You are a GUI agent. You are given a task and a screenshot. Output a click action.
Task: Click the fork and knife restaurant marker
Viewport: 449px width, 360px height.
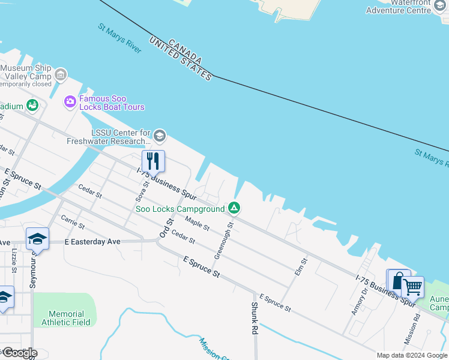tap(153, 161)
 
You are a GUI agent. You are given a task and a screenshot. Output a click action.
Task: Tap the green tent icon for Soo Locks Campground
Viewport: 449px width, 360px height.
tap(234, 208)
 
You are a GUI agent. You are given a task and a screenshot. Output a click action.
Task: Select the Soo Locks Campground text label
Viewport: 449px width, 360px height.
tap(179, 209)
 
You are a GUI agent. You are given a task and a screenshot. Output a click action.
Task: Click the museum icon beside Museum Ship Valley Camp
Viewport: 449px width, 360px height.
tap(61, 76)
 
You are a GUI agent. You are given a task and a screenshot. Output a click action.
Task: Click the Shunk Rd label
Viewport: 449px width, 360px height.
tap(255, 318)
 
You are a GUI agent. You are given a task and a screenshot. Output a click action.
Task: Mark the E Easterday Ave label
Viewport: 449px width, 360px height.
tap(92, 241)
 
